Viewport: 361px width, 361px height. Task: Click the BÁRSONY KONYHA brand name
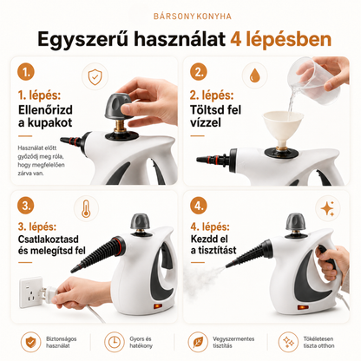coord(193,16)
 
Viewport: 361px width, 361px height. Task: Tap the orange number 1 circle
coord(26,72)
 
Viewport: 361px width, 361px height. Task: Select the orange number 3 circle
coord(26,206)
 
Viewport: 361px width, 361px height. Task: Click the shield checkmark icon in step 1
coord(95,76)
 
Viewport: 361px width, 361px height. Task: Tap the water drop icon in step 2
coord(254,75)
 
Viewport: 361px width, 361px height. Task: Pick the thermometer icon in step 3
coord(86,209)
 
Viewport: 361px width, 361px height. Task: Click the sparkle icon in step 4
coord(328,208)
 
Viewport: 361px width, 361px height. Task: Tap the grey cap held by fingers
coord(118,106)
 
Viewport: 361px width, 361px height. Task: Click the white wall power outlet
coord(30,292)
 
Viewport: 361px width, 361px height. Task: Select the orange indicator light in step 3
coord(158,306)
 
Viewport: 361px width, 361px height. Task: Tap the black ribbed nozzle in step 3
coord(98,253)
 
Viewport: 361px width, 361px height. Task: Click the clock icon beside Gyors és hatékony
coord(115,342)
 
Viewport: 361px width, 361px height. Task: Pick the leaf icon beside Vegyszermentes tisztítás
coord(198,342)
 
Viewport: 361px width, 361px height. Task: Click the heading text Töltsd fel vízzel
coord(215,116)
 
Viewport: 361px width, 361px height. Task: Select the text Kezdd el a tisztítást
coord(213,245)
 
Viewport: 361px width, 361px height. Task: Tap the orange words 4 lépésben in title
coord(281,39)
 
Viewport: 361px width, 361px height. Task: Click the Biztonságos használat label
coord(62,342)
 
